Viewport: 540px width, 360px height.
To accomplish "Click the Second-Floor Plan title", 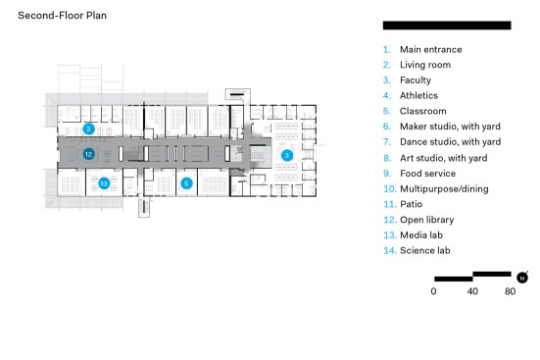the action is pos(62,16).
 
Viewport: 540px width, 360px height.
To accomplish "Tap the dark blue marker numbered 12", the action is pos(88,154).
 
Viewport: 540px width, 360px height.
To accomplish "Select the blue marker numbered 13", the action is pos(104,183).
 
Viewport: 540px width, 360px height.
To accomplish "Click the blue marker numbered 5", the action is pos(186,183).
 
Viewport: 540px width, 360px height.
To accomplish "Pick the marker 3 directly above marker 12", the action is pos(88,129).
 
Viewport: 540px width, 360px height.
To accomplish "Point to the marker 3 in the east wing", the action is pos(286,156).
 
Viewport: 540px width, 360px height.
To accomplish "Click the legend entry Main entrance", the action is pos(430,50).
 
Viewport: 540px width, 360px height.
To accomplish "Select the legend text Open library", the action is pos(426,220).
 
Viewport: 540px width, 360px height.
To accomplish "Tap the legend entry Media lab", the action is pos(421,235).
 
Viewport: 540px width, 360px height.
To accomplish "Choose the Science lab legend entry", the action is pos(425,250).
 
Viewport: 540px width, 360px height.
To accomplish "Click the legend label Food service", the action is pos(427,174).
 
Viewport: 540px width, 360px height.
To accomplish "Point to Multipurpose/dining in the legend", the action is pos(444,189).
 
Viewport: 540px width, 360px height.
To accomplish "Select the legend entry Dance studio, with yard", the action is pos(450,142).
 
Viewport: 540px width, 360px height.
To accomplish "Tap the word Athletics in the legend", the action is pos(418,95).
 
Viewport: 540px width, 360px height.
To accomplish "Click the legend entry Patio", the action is pos(411,204).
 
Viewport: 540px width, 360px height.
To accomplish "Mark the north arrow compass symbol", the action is pos(522,278).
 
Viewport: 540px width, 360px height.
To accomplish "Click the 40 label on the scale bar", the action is pos(472,291).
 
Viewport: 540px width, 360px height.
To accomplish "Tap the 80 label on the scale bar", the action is pos(510,291).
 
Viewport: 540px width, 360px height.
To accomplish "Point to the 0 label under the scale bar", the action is pos(433,291).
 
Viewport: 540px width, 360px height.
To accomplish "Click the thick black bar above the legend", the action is pos(447,26).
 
